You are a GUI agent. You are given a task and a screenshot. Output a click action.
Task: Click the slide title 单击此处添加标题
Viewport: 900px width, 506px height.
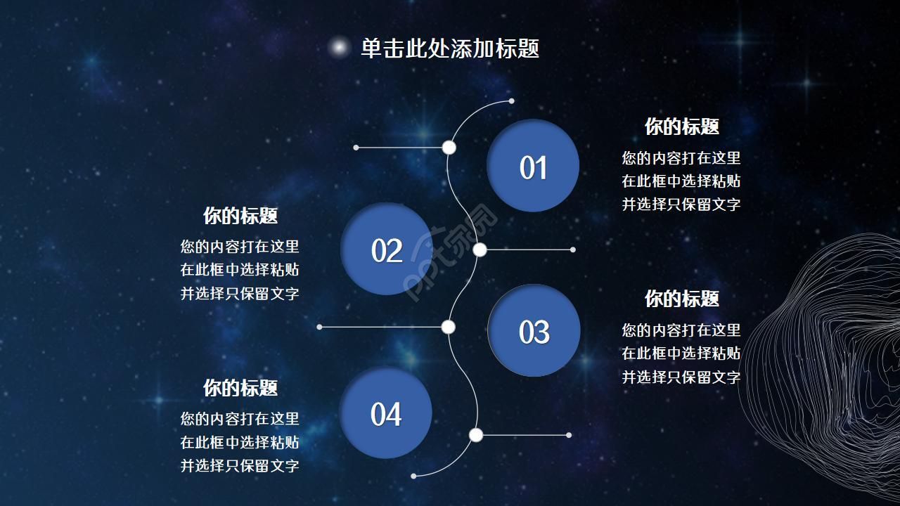click(x=450, y=48)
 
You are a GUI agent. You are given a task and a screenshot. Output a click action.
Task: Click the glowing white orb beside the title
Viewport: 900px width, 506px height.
click(x=339, y=47)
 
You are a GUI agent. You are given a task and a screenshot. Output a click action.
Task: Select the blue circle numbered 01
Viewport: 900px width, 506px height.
click(x=533, y=165)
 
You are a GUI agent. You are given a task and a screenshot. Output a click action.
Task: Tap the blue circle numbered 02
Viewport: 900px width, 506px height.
click(x=387, y=249)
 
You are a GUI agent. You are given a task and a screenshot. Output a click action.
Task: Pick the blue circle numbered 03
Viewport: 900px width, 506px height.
click(x=534, y=330)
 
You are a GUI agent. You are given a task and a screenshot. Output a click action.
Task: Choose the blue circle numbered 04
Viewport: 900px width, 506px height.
click(x=386, y=413)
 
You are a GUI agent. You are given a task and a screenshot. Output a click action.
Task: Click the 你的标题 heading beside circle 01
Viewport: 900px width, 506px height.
click(x=682, y=127)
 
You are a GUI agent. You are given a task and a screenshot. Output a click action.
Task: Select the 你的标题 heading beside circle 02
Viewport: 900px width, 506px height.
click(x=240, y=216)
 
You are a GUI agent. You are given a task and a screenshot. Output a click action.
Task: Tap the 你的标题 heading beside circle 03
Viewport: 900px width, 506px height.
click(x=682, y=299)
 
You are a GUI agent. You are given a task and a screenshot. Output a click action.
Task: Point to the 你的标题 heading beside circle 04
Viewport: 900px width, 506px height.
click(x=240, y=389)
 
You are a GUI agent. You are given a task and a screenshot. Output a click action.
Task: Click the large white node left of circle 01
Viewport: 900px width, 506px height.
click(x=449, y=148)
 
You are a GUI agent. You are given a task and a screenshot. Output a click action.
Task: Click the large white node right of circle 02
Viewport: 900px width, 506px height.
click(x=480, y=249)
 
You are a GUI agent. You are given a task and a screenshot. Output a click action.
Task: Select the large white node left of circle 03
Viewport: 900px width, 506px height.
click(x=449, y=327)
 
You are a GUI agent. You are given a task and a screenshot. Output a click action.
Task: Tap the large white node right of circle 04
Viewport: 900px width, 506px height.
click(x=476, y=435)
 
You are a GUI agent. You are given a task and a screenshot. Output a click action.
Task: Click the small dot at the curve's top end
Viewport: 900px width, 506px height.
click(x=511, y=101)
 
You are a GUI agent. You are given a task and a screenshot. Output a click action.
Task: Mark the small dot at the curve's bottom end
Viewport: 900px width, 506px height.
click(x=413, y=476)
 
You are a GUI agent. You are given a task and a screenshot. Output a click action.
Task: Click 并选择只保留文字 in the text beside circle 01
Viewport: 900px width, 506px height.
click(x=681, y=205)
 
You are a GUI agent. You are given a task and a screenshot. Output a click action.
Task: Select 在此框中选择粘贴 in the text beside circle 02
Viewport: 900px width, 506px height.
click(x=240, y=270)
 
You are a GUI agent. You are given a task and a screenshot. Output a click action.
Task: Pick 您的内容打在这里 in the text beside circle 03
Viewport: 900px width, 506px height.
click(x=681, y=330)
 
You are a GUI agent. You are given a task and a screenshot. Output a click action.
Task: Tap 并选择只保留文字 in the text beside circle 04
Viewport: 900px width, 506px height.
click(x=240, y=466)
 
